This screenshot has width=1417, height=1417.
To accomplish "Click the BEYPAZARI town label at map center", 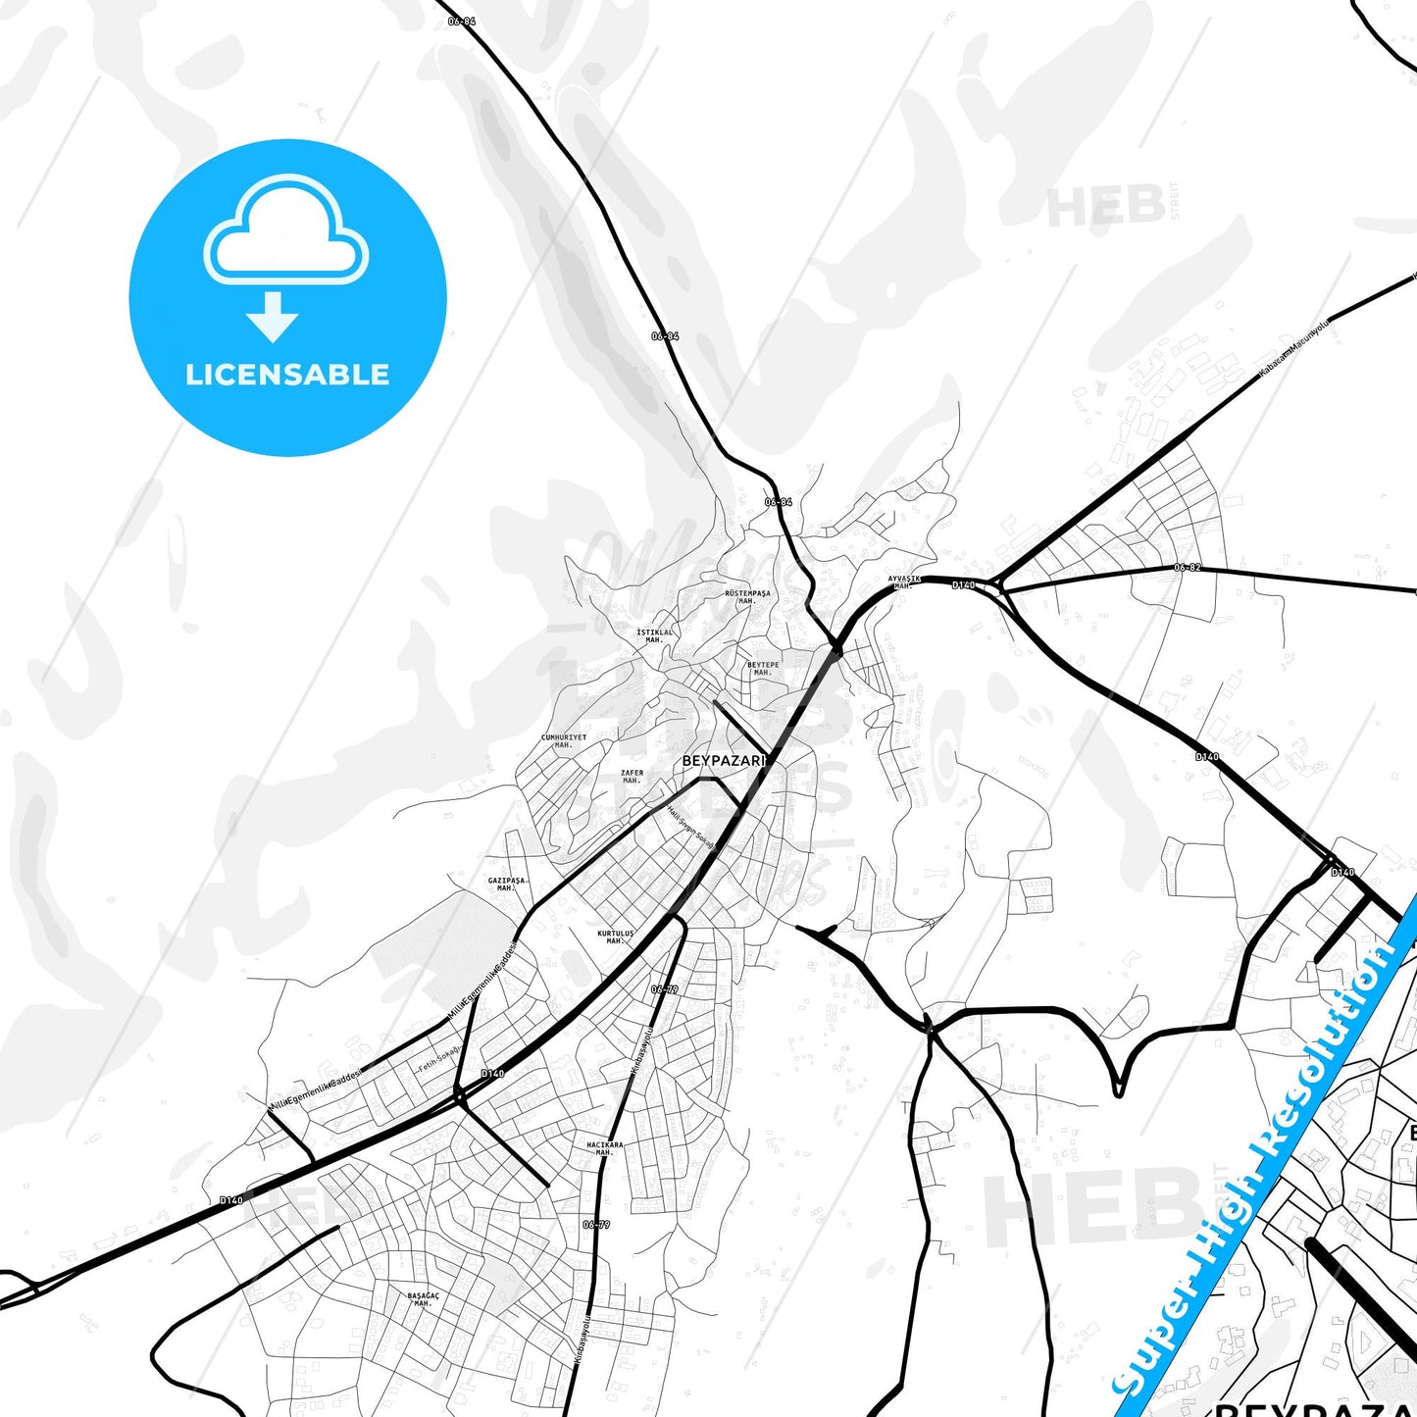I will tap(722, 760).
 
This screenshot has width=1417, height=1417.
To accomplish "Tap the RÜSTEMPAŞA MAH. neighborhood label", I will tap(747, 596).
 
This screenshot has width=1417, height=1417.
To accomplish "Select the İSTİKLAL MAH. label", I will tap(655, 635).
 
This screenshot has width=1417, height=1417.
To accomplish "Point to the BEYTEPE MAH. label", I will tap(763, 669).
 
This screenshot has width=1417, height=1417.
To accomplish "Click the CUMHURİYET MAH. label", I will tap(564, 740).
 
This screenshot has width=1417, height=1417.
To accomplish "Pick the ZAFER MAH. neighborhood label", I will tap(633, 777).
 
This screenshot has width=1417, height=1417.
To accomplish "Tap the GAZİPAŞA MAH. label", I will tap(507, 884).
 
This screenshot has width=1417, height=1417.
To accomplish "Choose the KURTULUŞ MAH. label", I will tap(616, 937).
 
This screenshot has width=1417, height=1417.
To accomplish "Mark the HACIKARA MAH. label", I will tap(605, 1148).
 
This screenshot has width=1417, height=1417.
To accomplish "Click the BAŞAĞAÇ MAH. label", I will tap(424, 1299).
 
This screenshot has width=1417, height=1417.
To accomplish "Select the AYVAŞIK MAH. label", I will tap(904, 582).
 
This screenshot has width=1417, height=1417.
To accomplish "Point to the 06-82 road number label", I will tap(1187, 568).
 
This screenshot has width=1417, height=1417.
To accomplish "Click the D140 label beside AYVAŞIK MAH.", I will tap(963, 585).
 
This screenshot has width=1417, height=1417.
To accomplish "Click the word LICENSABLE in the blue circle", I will tap(287, 375).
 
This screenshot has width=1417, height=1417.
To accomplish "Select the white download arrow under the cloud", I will tap(273, 317).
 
